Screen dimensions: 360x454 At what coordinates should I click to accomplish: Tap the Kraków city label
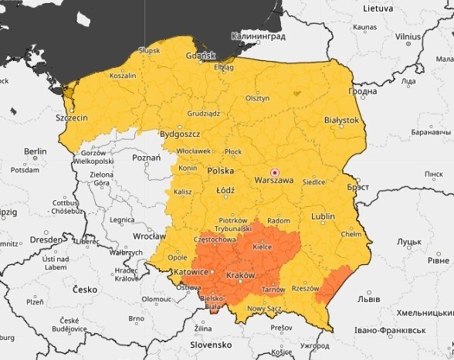(239, 276)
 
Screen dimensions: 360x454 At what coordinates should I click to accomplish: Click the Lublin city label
(323, 217)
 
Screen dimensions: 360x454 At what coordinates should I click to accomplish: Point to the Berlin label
(36, 151)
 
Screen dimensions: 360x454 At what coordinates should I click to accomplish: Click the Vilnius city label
(408, 36)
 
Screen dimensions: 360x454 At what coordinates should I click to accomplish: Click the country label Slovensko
(212, 345)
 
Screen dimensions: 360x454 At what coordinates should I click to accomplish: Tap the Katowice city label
(189, 272)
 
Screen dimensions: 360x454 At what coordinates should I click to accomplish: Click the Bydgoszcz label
(179, 134)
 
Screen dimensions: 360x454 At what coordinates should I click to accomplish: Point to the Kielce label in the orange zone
(262, 247)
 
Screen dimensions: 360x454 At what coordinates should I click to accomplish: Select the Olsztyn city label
(257, 98)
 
